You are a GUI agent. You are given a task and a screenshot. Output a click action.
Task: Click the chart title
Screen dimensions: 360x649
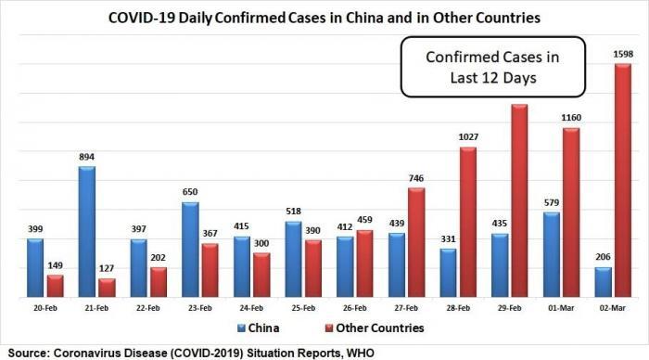click(324, 17)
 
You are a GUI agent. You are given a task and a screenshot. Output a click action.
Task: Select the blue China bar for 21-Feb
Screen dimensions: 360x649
click(86, 232)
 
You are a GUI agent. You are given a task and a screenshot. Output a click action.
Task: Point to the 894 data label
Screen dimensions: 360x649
click(85, 158)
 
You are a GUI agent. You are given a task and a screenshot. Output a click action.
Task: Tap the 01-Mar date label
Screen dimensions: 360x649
click(570, 307)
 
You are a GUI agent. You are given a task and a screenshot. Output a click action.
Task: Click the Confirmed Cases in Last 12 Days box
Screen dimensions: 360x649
click(493, 67)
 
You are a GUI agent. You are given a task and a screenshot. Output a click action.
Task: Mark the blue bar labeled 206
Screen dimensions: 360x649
click(603, 283)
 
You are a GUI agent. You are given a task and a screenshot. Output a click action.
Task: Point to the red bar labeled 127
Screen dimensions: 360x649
click(107, 289)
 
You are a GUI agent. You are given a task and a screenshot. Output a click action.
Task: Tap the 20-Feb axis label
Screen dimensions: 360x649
click(45, 307)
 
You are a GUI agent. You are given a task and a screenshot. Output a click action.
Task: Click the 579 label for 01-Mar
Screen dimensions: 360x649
click(549, 203)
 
